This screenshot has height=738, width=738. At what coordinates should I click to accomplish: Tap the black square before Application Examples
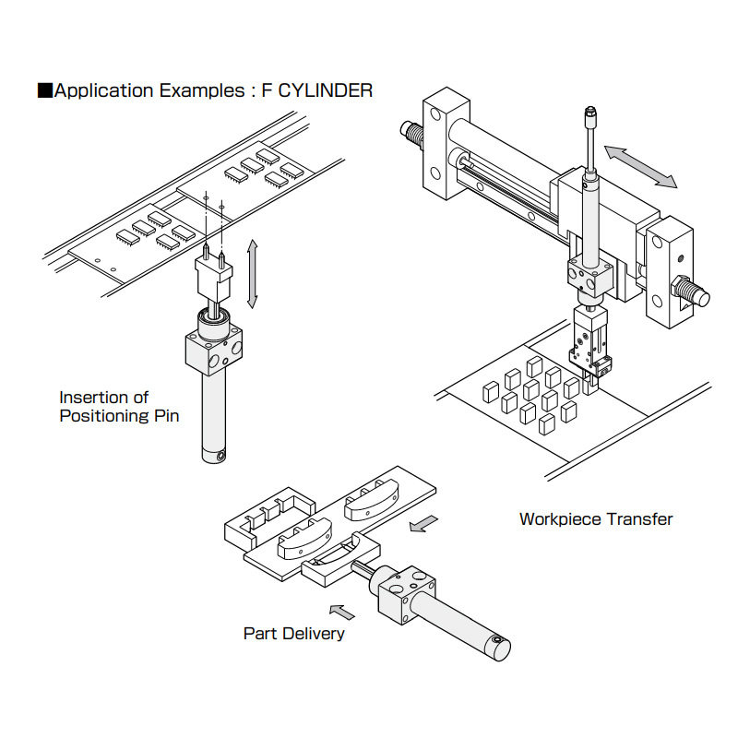click(x=43, y=90)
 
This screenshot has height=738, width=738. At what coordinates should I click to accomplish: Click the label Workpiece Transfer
click(x=596, y=518)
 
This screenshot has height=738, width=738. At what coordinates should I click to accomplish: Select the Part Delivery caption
click(x=293, y=633)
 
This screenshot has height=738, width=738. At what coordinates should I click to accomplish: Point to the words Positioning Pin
click(x=119, y=415)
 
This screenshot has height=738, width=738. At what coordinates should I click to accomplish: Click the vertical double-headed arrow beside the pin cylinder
click(x=253, y=273)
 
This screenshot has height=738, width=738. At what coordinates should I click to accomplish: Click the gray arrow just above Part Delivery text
click(x=342, y=610)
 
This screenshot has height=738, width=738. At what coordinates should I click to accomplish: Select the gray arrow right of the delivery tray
click(x=423, y=523)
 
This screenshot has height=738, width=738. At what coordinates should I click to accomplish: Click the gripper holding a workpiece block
click(x=588, y=351)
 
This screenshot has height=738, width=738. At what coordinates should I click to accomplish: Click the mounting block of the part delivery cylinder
click(x=404, y=596)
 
